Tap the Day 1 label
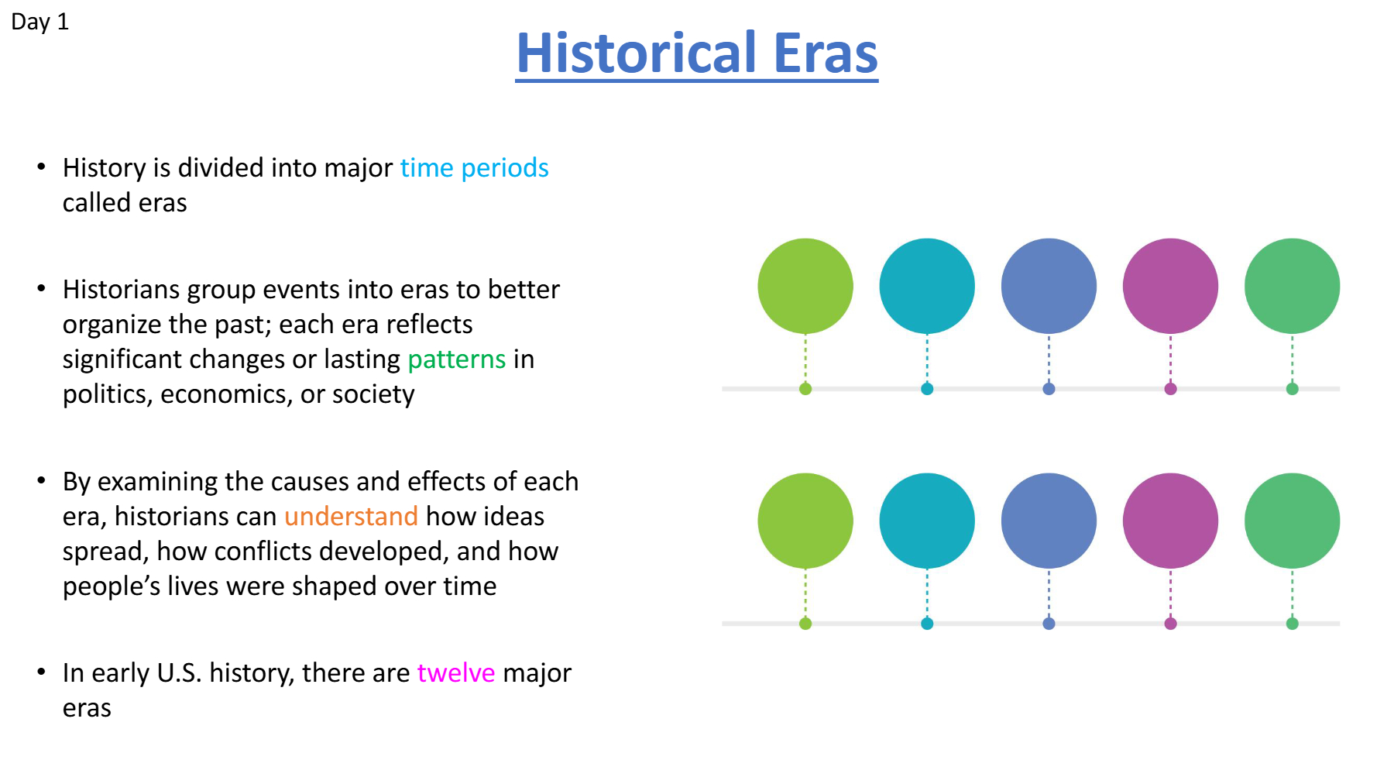point(39,22)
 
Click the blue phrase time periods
point(474,168)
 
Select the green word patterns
point(457,359)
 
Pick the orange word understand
point(351,516)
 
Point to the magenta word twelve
point(456,672)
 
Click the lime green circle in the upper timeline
point(805,286)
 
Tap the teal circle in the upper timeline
point(927,286)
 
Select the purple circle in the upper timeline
point(1170,286)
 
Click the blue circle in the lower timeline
point(1049,521)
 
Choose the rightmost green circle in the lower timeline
point(1292,521)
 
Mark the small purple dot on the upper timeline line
point(1170,389)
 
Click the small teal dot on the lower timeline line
point(927,624)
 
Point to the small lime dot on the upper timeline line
point(805,389)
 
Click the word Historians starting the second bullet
point(121,290)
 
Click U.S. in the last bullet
point(179,672)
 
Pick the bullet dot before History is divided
point(42,167)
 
